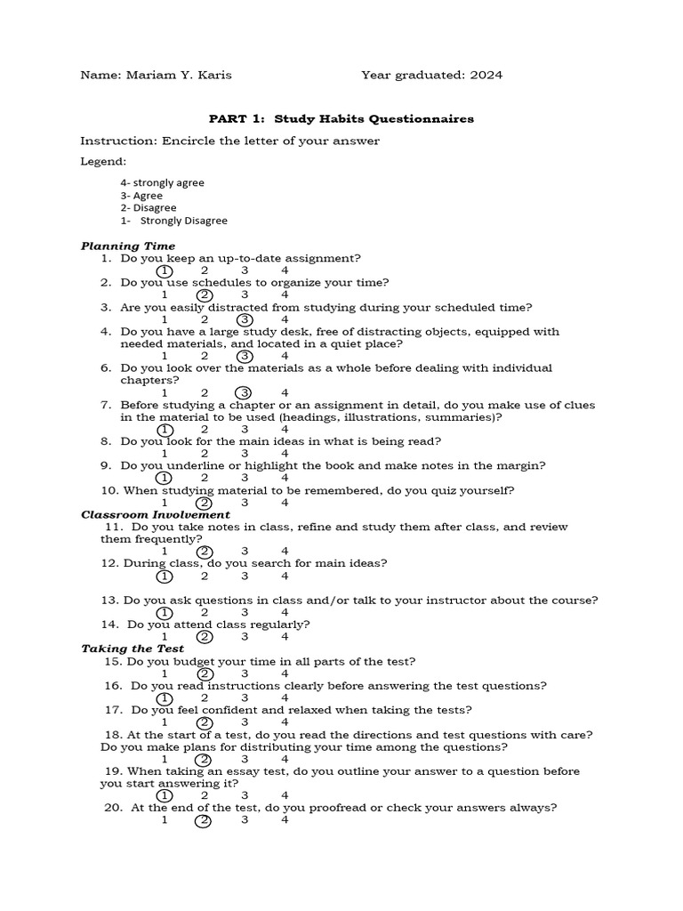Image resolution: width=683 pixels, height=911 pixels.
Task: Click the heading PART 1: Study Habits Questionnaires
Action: click(x=341, y=118)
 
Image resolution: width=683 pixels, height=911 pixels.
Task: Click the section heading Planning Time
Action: click(x=128, y=246)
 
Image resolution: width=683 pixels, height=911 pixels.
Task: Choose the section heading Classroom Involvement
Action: click(x=156, y=514)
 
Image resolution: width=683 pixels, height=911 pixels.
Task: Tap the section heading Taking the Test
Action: click(x=133, y=649)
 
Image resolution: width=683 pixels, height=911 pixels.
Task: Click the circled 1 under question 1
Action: click(x=165, y=270)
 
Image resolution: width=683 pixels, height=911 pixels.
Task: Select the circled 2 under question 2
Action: click(x=205, y=294)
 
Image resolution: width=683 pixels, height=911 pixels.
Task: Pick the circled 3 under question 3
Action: click(x=245, y=319)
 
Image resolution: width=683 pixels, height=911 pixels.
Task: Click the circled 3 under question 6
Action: click(x=245, y=392)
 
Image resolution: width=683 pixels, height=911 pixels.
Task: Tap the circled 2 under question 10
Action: click(x=205, y=502)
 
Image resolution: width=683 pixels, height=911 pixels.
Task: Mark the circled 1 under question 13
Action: click(x=165, y=612)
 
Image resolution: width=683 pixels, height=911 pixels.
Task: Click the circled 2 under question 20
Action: click(x=204, y=820)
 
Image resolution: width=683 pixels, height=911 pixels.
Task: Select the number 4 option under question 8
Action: click(x=285, y=453)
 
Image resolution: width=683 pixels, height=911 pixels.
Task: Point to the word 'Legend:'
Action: click(x=103, y=162)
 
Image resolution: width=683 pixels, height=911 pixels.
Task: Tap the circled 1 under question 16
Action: click(x=165, y=698)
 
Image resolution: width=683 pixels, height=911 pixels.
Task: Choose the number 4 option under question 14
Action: click(x=285, y=636)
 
